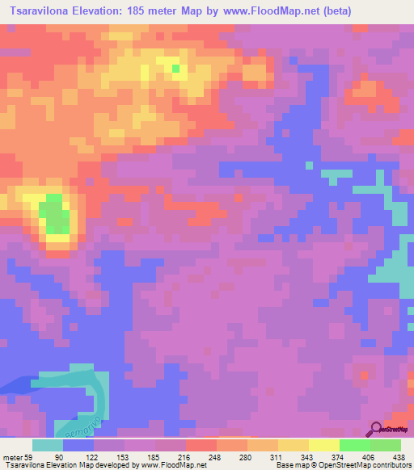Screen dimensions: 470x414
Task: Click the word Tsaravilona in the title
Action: point(40,10)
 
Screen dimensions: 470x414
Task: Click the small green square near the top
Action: point(175,68)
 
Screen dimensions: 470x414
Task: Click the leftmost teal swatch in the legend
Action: point(48,446)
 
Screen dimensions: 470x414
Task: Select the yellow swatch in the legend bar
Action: point(323,446)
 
